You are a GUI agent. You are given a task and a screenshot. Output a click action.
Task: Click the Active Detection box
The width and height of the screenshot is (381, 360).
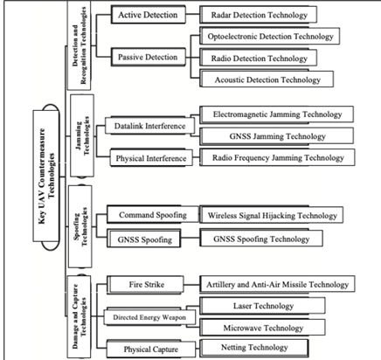pyautogui.click(x=148, y=15)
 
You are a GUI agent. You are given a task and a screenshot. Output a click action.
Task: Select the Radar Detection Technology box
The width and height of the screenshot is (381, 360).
pyautogui.click(x=259, y=15)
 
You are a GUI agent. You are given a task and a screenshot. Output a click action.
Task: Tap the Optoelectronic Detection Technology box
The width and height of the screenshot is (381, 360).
pyautogui.click(x=270, y=36)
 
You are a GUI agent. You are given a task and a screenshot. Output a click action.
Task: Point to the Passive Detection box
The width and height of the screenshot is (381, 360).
pyautogui.click(x=148, y=57)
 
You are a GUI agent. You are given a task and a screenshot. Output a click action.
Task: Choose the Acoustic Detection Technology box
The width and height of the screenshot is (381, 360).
pyautogui.click(x=267, y=80)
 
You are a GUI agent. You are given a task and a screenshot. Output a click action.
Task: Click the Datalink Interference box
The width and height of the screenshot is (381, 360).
pyautogui.click(x=149, y=126)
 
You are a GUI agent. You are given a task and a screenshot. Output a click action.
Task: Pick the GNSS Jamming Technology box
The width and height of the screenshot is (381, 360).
pyautogui.click(x=277, y=136)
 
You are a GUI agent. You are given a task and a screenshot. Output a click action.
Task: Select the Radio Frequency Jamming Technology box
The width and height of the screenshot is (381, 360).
pyautogui.click(x=277, y=157)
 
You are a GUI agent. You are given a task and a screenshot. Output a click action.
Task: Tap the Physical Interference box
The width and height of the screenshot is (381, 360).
pyautogui.click(x=151, y=158)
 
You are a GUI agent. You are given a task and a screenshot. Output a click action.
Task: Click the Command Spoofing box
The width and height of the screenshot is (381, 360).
pyautogui.click(x=153, y=215)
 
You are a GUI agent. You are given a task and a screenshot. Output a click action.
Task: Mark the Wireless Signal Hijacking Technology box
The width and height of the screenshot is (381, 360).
pyautogui.click(x=272, y=215)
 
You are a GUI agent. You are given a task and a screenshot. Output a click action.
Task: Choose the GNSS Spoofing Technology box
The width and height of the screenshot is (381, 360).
pyautogui.click(x=261, y=239)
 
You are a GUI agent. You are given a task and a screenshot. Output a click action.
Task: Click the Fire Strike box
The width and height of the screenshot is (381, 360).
pyautogui.click(x=145, y=285)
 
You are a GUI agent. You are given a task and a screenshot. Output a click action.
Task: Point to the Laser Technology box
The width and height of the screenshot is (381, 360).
pyautogui.click(x=262, y=306)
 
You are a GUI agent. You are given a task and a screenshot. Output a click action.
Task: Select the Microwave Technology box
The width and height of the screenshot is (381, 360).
pyautogui.click(x=262, y=328)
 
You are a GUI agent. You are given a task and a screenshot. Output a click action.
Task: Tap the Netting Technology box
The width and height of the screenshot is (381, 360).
pyautogui.click(x=254, y=348)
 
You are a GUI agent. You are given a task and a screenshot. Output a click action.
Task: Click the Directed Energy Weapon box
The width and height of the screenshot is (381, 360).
pyautogui.click(x=149, y=317)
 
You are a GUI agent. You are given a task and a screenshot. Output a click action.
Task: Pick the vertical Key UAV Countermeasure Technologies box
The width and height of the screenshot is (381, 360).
pyautogui.click(x=46, y=176)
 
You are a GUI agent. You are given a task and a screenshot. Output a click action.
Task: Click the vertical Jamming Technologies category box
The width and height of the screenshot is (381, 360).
pyautogui.click(x=82, y=135)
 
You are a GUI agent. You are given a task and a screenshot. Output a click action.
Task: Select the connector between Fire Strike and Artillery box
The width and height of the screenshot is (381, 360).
pyautogui.click(x=191, y=285)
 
